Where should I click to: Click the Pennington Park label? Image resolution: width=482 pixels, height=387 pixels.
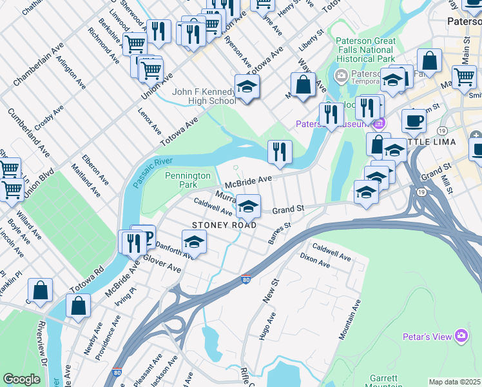pyautogui.click(x=188, y=180)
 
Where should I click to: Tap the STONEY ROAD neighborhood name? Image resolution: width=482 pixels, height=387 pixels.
pyautogui.click(x=224, y=225)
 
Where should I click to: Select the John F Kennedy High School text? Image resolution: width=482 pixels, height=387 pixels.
pyautogui.click(x=204, y=96)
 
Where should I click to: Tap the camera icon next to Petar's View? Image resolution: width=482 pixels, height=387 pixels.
pyautogui.click(x=461, y=335)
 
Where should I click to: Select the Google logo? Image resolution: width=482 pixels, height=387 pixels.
pyautogui.click(x=21, y=379)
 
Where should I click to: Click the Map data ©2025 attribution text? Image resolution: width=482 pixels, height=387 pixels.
pyautogui.click(x=454, y=382)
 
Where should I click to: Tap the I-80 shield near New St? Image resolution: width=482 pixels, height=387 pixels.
pyautogui.click(x=245, y=279)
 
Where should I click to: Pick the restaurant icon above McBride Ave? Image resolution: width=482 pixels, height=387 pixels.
pyautogui.click(x=279, y=152)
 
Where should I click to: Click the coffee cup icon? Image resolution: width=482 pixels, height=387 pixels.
pyautogui.click(x=414, y=121)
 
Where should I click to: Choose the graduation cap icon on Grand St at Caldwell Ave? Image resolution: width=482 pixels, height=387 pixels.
pyautogui.click(x=248, y=206)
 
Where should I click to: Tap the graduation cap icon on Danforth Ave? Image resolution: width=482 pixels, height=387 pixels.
pyautogui.click(x=193, y=242)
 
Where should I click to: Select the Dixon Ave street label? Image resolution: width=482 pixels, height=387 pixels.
pyautogui.click(x=316, y=261)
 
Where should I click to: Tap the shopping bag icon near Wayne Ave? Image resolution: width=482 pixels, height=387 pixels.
pyautogui.click(x=303, y=84)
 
